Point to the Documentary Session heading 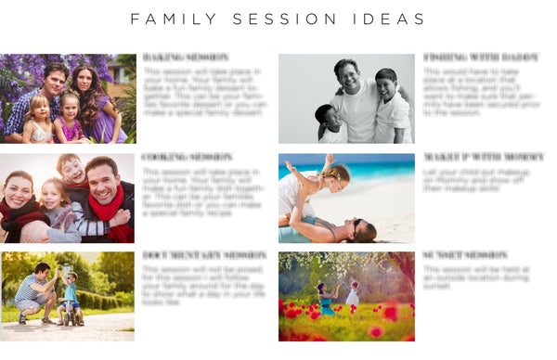[x=204, y=255]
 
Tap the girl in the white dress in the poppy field [x=353, y=297]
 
